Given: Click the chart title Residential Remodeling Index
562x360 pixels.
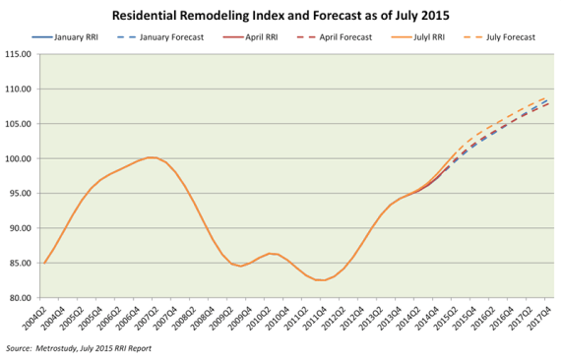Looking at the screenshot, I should [x=281, y=17].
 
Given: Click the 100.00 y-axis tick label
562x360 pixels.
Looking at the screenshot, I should [x=21, y=158].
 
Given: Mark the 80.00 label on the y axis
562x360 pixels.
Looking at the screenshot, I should [x=21, y=297].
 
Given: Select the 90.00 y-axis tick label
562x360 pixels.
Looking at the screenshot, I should [x=21, y=228].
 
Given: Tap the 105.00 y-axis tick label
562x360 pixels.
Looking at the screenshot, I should [x=21, y=124].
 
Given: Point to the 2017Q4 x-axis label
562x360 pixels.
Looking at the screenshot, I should [x=545, y=318].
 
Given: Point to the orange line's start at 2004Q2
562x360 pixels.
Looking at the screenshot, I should [x=44, y=263].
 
